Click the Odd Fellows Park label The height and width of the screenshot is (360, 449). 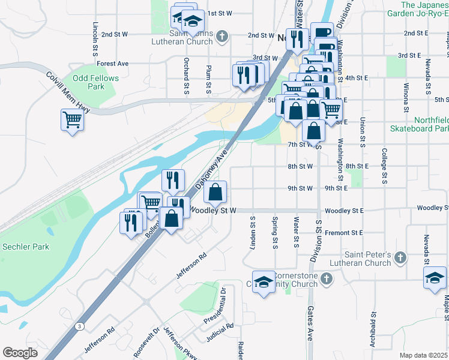coord(95,82)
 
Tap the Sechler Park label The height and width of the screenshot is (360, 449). coord(25,247)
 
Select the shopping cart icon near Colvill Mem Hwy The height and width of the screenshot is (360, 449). coord(72,120)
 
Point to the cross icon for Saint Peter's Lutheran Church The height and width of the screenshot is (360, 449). coord(400,259)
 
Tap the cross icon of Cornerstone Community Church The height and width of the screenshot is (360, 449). coord(326,279)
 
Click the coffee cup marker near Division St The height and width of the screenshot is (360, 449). coord(322,33)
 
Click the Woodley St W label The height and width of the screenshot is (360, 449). coord(213,211)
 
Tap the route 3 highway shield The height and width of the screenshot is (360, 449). coord(79,326)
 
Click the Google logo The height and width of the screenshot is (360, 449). coord(20,352)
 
